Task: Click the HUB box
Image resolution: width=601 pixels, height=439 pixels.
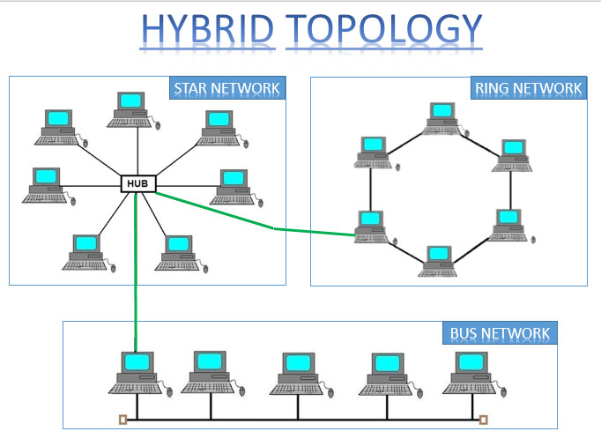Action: (138, 183)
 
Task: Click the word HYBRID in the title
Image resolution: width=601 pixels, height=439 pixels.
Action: (207, 29)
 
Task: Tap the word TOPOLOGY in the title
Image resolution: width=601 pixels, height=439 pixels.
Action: (383, 29)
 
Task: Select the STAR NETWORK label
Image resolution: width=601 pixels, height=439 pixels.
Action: (227, 88)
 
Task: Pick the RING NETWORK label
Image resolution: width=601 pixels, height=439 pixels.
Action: (529, 88)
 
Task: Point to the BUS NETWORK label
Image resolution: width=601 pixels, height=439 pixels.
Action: (500, 333)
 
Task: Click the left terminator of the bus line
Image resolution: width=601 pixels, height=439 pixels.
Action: (123, 420)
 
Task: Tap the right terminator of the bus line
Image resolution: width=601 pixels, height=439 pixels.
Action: (484, 420)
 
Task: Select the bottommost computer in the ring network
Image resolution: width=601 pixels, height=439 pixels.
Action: (438, 262)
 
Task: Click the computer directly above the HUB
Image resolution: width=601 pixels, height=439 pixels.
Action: (132, 110)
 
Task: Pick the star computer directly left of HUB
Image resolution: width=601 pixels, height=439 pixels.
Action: (48, 186)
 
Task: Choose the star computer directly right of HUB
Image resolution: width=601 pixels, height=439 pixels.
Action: (235, 188)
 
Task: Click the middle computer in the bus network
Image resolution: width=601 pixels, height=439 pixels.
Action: (300, 375)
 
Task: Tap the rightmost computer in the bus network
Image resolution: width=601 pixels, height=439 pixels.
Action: (474, 374)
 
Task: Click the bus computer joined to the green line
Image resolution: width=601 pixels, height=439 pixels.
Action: (139, 374)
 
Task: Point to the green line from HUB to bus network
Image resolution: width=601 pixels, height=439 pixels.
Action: (136, 272)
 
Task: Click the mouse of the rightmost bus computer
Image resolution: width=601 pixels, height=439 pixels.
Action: (503, 392)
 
